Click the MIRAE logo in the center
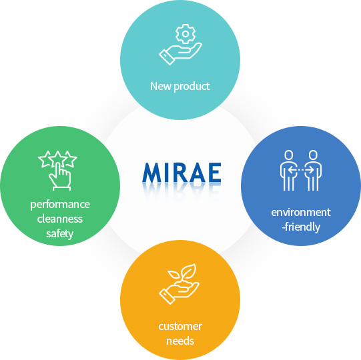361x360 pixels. pyautogui.click(x=182, y=173)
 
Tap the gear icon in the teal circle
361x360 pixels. pyautogui.click(x=186, y=34)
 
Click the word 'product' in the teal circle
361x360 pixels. pyautogui.click(x=192, y=87)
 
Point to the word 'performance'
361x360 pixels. pyautogui.click(x=60, y=205)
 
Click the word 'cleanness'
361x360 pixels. pyautogui.click(x=60, y=219)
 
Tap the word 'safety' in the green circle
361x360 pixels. pyautogui.click(x=60, y=234)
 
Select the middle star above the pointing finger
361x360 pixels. pyautogui.click(x=57, y=157)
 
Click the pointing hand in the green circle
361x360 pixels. pyautogui.click(x=60, y=177)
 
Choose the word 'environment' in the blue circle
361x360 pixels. pyautogui.click(x=301, y=212)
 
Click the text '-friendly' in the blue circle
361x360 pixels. pyautogui.click(x=301, y=227)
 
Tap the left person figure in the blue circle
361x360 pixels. pyautogui.click(x=289, y=171)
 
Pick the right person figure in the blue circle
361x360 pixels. pyautogui.click(x=313, y=171)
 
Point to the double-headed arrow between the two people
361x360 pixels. pyautogui.click(x=301, y=170)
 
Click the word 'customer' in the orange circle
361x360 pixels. pyautogui.click(x=180, y=326)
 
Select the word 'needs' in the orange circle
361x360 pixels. pyautogui.click(x=180, y=341)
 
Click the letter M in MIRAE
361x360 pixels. pyautogui.click(x=152, y=173)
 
